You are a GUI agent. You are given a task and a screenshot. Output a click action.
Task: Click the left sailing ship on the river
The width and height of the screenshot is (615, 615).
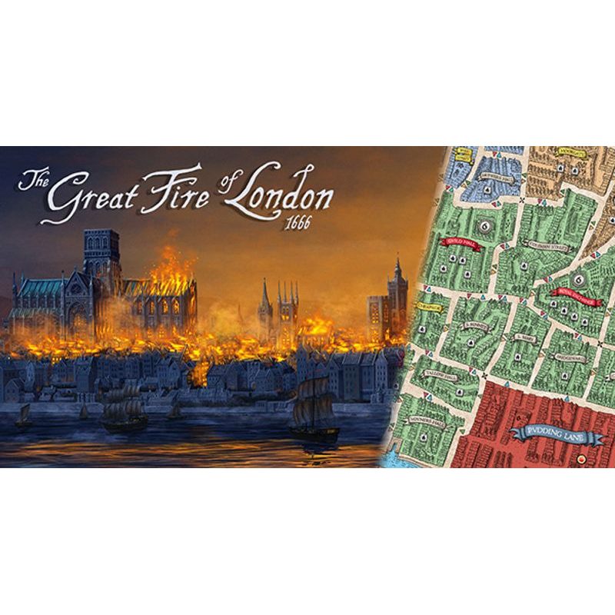pyautogui.click(x=124, y=407)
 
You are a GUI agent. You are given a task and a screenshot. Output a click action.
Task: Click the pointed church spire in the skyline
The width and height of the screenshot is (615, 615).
pyautogui.click(x=265, y=300)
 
